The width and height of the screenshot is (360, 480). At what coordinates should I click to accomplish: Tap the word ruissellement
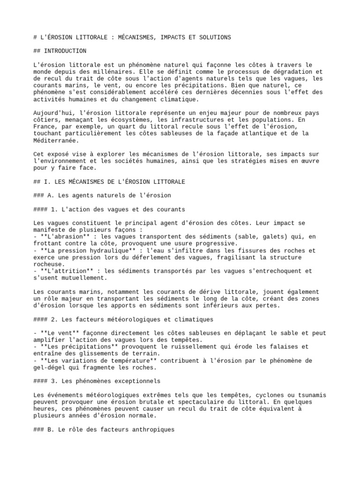click(200, 346)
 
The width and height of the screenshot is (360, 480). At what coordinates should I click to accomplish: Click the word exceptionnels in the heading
click(137, 381)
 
